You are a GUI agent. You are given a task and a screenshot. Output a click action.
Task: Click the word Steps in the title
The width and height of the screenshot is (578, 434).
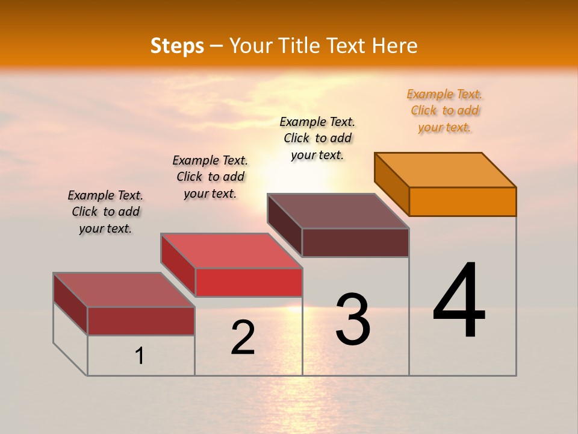click(177, 46)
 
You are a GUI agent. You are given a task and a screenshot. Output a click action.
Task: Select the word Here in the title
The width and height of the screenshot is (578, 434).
click(394, 46)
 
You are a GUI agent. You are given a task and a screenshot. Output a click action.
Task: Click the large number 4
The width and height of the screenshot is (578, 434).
click(459, 301)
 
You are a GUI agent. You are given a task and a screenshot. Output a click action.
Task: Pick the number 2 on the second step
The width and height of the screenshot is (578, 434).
click(243, 338)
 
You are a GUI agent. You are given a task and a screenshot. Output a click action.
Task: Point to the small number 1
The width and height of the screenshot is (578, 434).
click(140, 356)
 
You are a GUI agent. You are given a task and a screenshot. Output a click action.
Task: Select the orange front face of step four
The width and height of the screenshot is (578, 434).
click(462, 201)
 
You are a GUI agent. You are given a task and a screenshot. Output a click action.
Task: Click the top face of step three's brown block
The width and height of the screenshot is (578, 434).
click(338, 211)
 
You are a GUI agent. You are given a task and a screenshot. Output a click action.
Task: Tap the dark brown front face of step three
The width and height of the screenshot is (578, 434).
click(355, 242)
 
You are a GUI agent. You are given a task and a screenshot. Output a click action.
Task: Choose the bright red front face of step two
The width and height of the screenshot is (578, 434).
click(249, 282)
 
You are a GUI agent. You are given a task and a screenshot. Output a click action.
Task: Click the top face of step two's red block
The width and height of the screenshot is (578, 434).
click(231, 251)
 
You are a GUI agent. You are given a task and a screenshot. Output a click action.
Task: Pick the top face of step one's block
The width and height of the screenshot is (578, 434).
click(124, 290)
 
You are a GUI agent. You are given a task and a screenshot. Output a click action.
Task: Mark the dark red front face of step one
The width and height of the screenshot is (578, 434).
click(141, 321)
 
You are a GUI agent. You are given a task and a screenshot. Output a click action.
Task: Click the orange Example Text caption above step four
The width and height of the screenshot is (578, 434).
click(444, 111)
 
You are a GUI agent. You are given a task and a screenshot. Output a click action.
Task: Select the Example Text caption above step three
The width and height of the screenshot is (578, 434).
click(317, 138)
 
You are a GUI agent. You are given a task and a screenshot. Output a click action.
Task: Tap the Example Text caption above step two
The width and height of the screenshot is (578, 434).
click(210, 177)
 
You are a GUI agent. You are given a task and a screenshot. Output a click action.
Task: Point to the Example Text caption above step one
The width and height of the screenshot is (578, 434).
click(105, 212)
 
